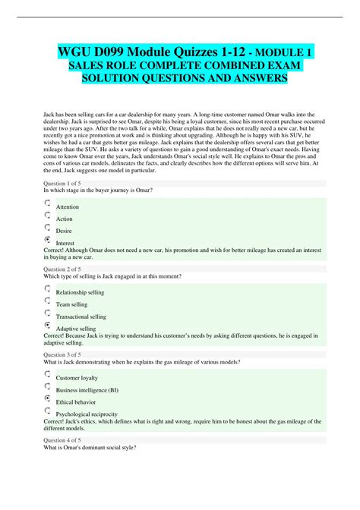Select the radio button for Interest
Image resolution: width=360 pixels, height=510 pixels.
(49, 240)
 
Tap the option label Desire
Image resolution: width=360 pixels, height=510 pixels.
(64, 231)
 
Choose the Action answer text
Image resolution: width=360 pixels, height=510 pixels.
(65, 219)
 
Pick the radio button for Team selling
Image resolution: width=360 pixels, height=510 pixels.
(49, 301)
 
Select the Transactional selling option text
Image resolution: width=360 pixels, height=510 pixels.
(81, 316)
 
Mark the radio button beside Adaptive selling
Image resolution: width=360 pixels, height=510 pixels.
(49, 325)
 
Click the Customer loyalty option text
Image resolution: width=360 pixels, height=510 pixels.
(77, 378)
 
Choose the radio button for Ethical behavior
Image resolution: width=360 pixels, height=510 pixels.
(49, 398)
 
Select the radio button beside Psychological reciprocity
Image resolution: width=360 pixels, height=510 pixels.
(49, 411)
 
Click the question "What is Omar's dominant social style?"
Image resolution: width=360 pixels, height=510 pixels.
(91, 448)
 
